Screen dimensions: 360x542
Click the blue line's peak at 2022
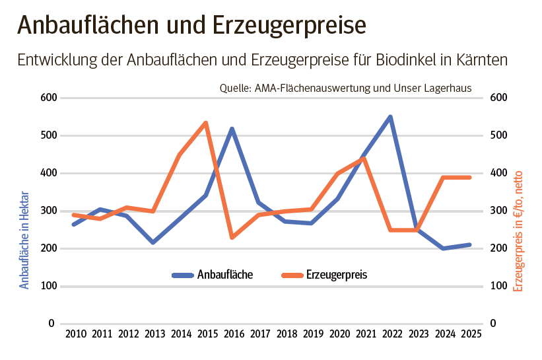pyautogui.click(x=390, y=117)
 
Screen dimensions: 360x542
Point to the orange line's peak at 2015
pyautogui.click(x=206, y=123)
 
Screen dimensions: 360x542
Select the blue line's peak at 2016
pyautogui.click(x=232, y=129)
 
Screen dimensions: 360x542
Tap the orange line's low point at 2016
pyautogui.click(x=232, y=237)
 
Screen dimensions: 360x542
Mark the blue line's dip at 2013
pyautogui.click(x=152, y=242)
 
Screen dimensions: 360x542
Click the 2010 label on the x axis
pyautogui.click(x=75, y=334)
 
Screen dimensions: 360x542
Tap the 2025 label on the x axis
pyautogui.click(x=470, y=334)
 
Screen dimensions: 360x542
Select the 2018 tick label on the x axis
pyautogui.click(x=286, y=334)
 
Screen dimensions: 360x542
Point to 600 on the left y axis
pyautogui.click(x=49, y=98)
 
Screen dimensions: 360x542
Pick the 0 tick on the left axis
pyautogui.click(x=51, y=324)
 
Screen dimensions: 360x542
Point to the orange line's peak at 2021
pyautogui.click(x=364, y=159)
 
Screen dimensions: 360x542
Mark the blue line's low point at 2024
pyautogui.click(x=443, y=248)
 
